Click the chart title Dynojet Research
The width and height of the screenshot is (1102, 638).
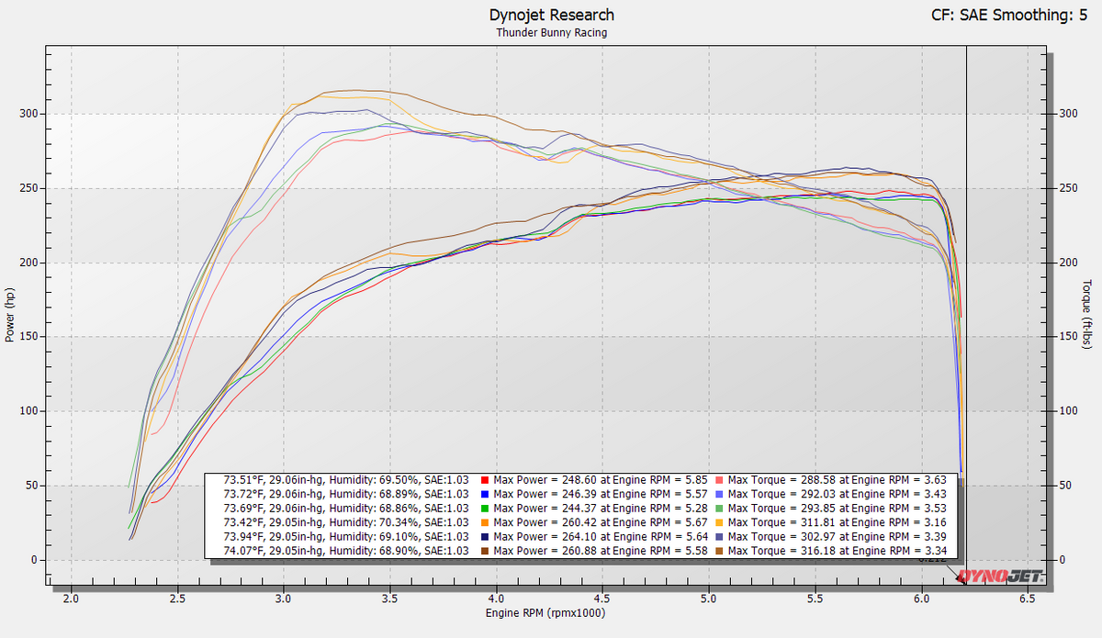[551, 15]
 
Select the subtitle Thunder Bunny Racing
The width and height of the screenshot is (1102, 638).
[551, 32]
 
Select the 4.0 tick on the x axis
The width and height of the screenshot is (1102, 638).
[497, 598]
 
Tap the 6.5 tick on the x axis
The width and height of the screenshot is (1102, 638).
[1028, 598]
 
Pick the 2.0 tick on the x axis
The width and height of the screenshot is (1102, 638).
[72, 598]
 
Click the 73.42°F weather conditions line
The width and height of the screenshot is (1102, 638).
[346, 521]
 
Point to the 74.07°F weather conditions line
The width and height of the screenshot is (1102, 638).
[346, 551]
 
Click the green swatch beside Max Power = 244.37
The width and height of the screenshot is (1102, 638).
[485, 508]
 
